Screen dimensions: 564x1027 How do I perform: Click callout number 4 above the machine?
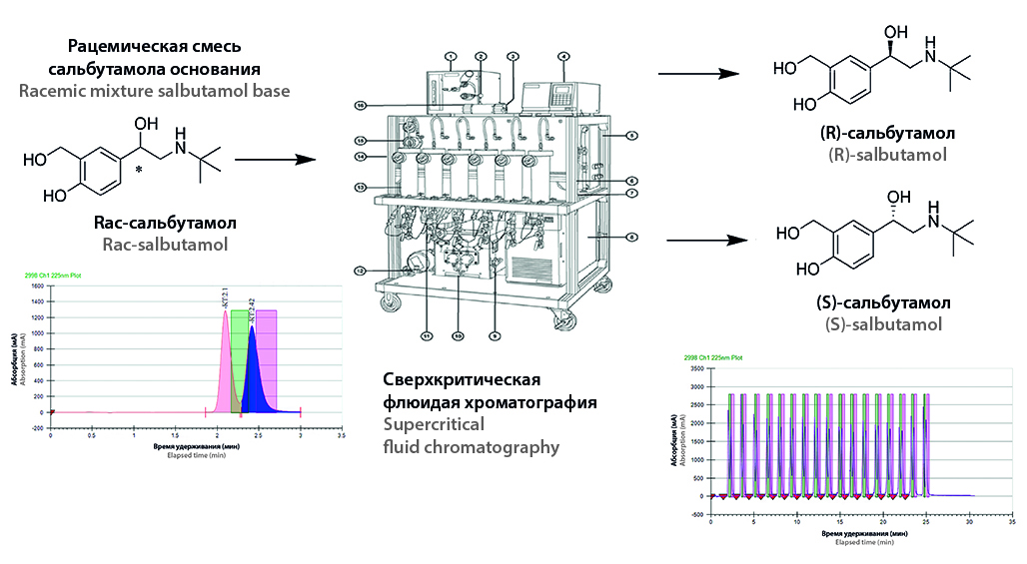point(563,57)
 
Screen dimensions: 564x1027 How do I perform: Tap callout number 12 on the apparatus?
point(359,270)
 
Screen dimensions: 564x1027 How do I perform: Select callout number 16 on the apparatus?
point(361,105)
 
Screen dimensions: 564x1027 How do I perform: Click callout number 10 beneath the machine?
point(459,334)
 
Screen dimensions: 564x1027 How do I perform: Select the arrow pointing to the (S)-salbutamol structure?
point(707,240)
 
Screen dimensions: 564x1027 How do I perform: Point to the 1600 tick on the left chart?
point(37,285)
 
